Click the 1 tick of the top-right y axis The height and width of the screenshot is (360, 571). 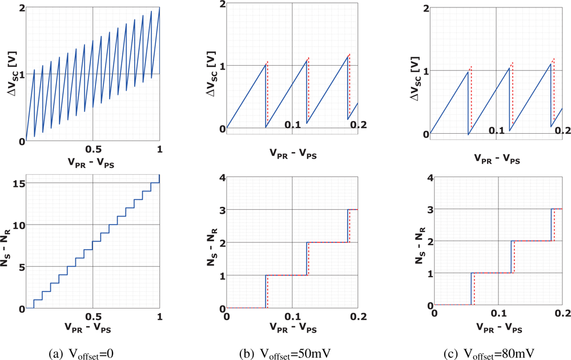point(425,71)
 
